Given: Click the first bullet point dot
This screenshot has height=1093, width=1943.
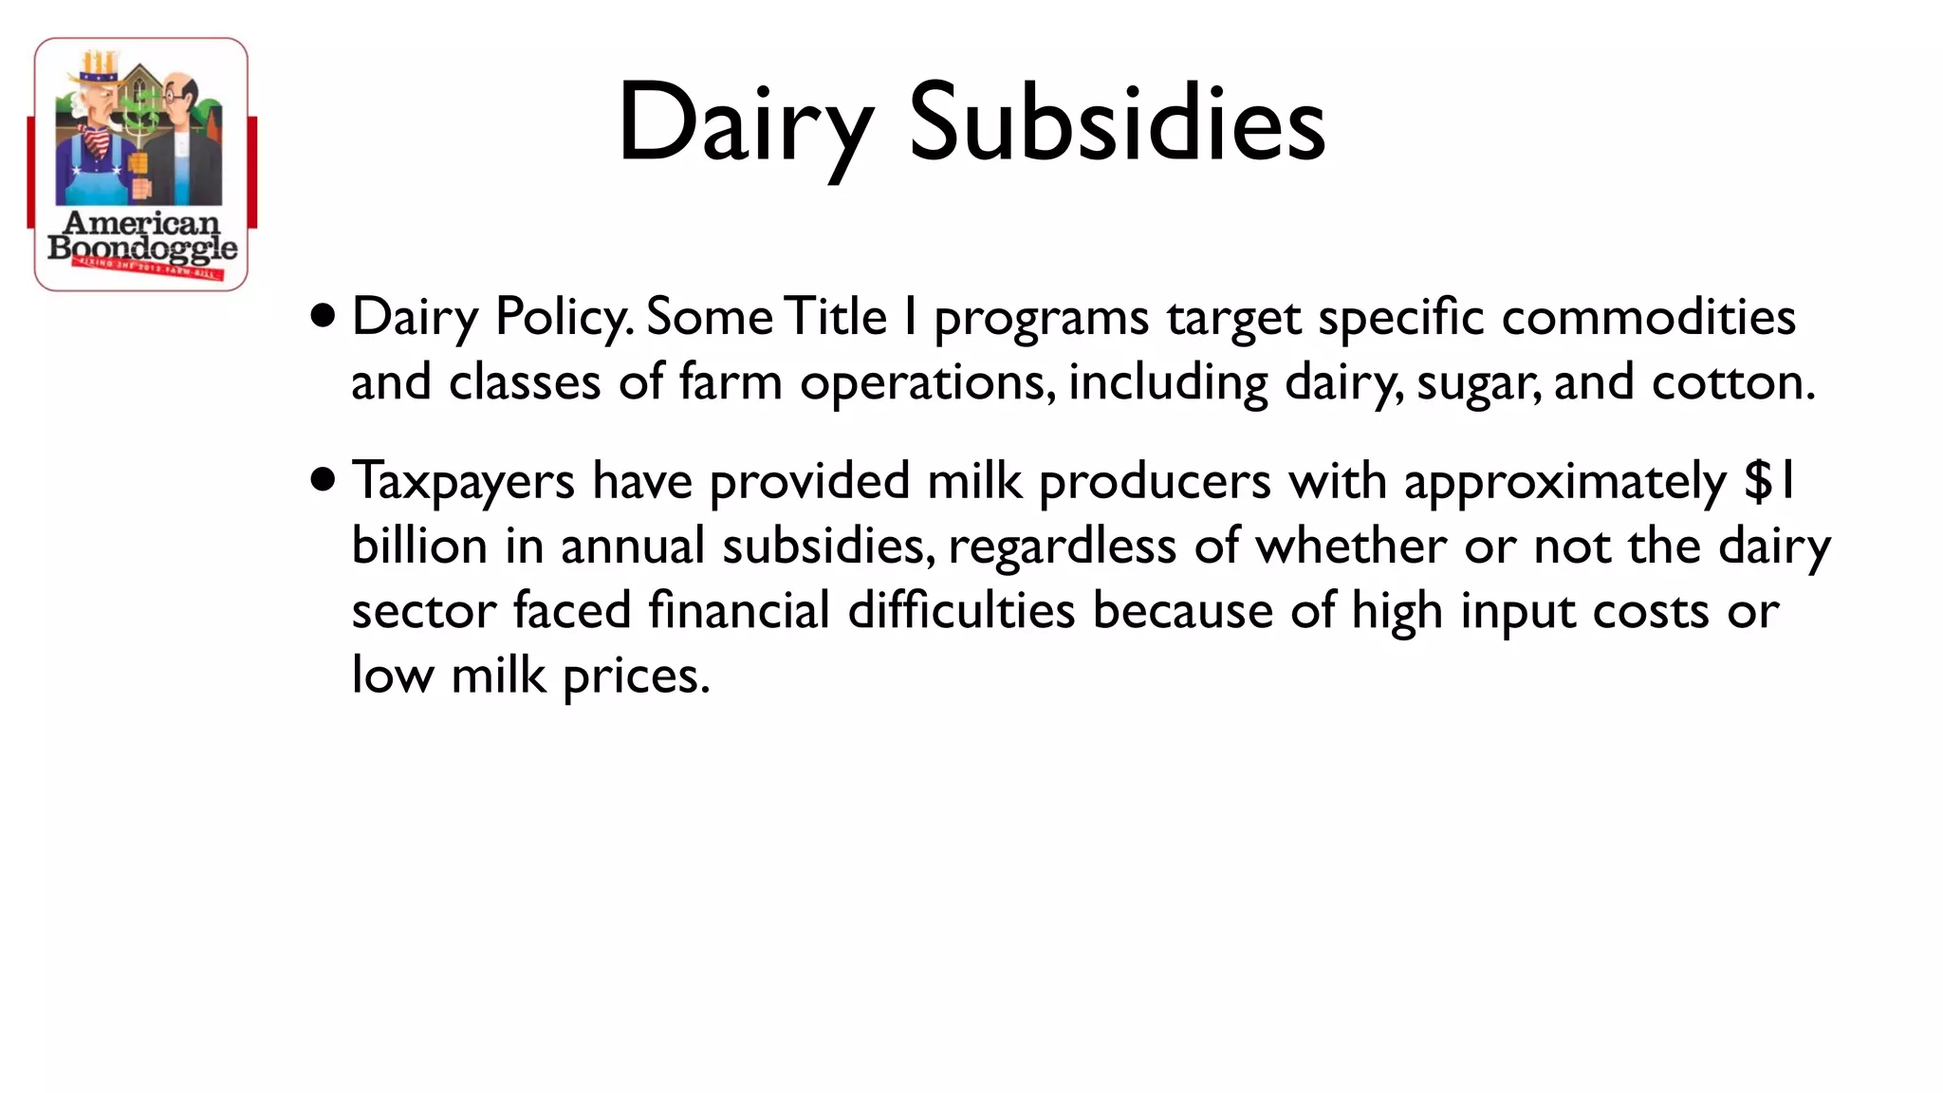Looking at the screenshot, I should point(324,315).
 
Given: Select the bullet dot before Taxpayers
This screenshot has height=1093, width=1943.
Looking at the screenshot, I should point(324,479).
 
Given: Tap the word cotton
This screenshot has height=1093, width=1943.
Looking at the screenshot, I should point(1732,382).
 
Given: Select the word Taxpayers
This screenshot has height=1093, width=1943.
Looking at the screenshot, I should point(463,482).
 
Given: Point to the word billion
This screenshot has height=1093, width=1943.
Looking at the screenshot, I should point(419,546).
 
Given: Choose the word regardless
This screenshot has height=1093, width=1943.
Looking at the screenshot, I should point(1062,547).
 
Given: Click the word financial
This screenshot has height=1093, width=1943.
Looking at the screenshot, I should point(739,609).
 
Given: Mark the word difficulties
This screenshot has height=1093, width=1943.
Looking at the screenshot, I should point(961,609).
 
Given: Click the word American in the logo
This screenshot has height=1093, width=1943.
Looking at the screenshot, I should point(141,223).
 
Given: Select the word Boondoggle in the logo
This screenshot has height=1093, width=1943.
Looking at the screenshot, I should point(142,249).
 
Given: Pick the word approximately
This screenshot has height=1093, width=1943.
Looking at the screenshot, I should point(1564,482).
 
